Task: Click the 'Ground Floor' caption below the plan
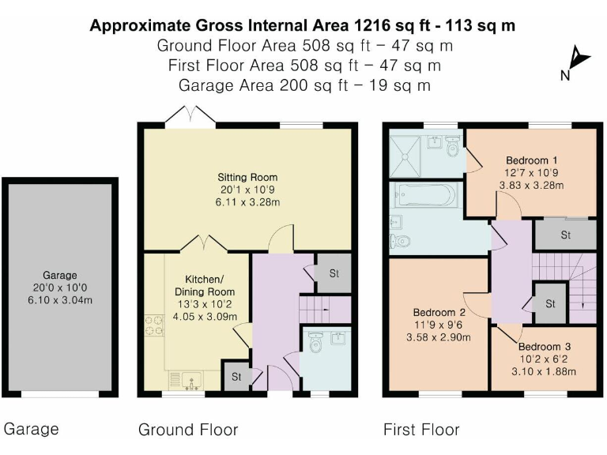point(188,430)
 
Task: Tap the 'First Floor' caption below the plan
point(421,430)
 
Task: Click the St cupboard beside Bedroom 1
point(565,235)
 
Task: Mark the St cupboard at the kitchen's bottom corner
point(236,376)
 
